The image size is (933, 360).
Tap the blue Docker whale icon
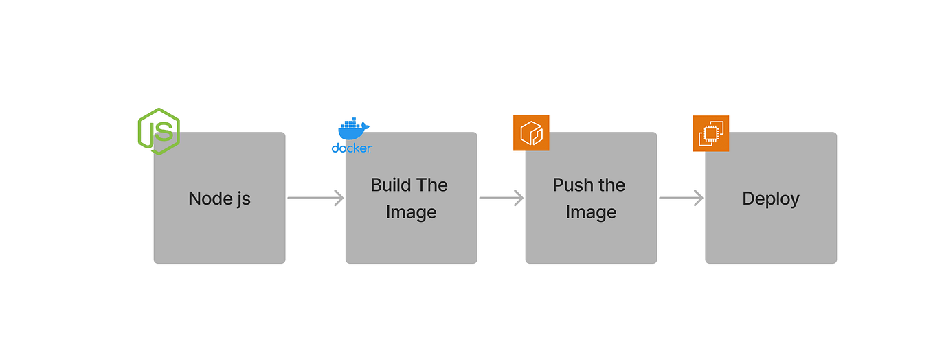[353, 129]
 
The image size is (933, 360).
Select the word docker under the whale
[352, 148]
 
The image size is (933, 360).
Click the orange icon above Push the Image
[531, 133]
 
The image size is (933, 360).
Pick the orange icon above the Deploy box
[710, 133]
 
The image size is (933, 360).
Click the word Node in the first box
[207, 199]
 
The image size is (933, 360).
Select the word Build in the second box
[391, 185]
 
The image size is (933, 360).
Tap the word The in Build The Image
[432, 185]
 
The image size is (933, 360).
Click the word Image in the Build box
[411, 212]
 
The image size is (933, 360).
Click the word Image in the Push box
[591, 212]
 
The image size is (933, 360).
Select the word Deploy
[771, 199]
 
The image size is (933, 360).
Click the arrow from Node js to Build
[315, 198]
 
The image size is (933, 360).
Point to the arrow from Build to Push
[501, 198]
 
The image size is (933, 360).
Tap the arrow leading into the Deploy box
[681, 198]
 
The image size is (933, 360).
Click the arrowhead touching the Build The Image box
[338, 198]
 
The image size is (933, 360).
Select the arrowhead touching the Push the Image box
[518, 198]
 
